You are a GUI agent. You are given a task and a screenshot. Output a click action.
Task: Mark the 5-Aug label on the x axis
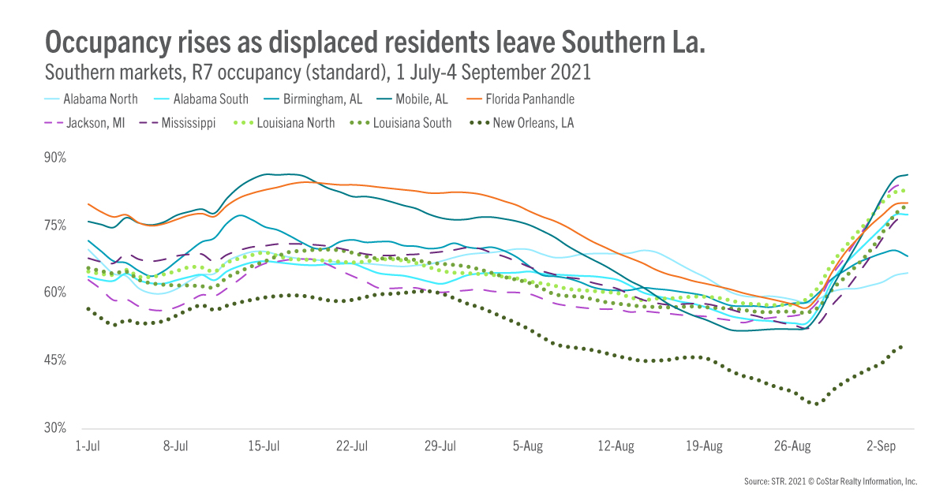(528, 446)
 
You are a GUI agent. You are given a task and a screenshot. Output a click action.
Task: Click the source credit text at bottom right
(830, 480)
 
